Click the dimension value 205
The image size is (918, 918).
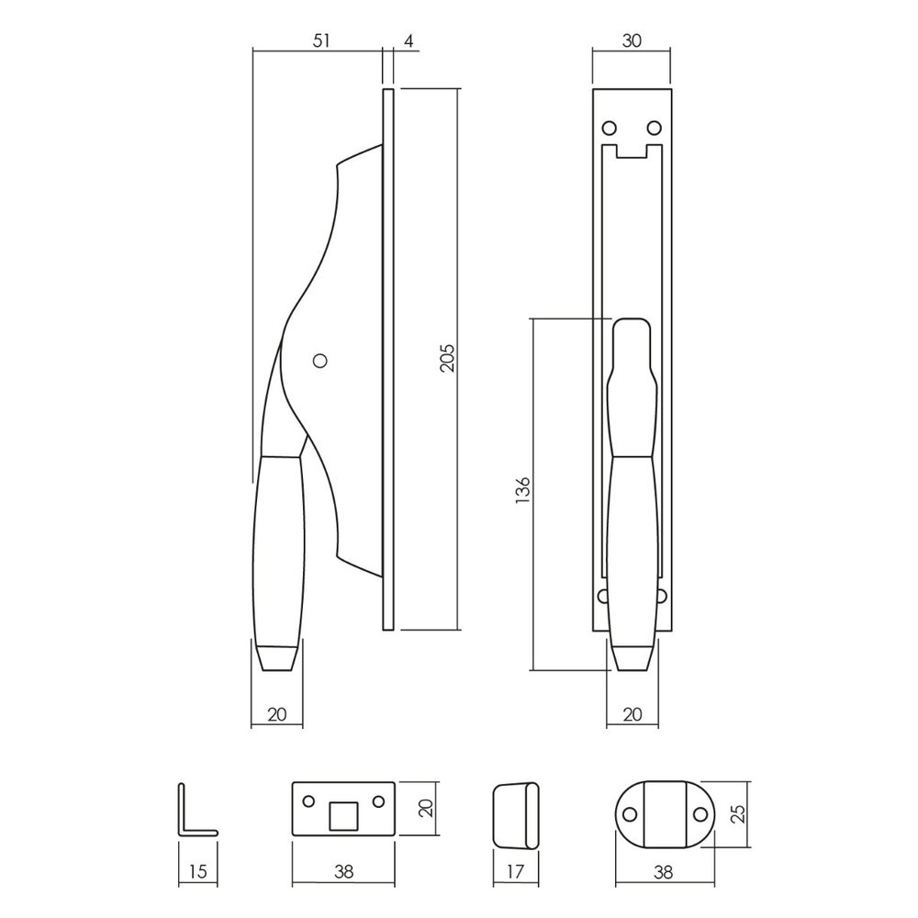447,358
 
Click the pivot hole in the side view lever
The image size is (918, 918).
319,361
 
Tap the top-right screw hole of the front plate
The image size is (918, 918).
655,126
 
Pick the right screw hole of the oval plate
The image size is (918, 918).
700,813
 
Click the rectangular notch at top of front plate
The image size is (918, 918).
633,151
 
